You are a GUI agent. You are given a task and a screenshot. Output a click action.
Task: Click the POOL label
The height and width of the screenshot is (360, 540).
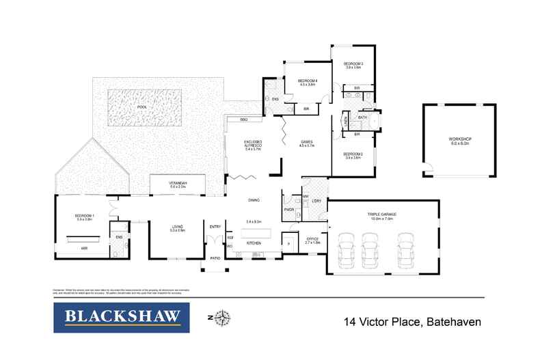(x=141, y=107)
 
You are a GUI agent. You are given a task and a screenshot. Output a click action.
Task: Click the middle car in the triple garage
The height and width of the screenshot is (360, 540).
(x=370, y=250)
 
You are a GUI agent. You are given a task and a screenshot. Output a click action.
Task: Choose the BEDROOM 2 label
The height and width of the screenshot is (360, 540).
(x=353, y=154)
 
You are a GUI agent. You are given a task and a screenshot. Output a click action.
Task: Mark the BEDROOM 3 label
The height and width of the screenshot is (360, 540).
(x=353, y=64)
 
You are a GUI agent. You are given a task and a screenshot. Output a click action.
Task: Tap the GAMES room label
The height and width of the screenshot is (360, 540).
(x=306, y=142)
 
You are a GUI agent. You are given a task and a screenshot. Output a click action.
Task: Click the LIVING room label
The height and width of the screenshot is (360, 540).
(x=177, y=227)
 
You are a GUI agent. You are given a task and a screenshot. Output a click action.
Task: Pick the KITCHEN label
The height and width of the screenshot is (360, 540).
(x=254, y=243)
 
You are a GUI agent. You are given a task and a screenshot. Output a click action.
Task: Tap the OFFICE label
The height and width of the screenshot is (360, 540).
(x=312, y=239)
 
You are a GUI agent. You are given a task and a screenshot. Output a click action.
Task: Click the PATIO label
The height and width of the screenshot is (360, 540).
(x=215, y=258)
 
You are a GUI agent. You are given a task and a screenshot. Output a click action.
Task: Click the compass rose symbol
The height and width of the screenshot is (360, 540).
(x=223, y=318)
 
